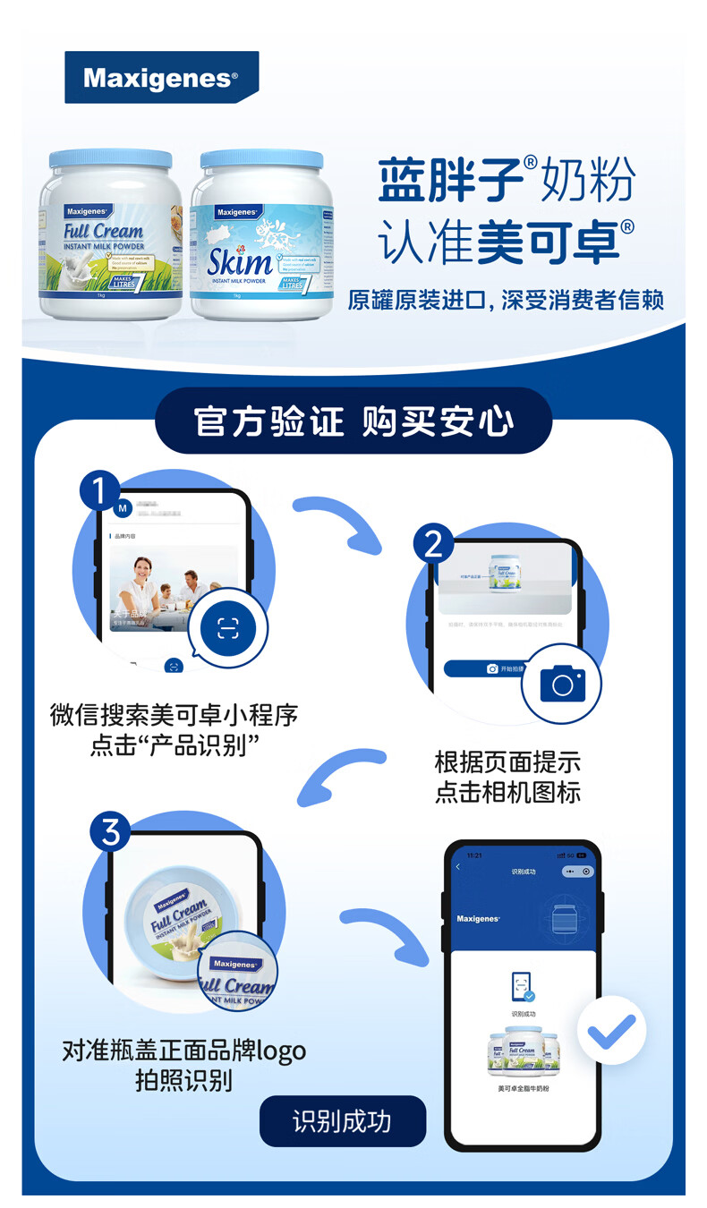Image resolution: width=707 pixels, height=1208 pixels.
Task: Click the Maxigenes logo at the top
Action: (x=161, y=78)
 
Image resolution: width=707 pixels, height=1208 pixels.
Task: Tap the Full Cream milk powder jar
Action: (x=109, y=237)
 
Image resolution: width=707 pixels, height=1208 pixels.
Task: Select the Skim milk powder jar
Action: (x=261, y=237)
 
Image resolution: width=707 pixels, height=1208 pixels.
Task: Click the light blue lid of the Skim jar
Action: (x=261, y=159)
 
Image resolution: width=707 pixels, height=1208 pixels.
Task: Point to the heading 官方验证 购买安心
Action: (x=353, y=421)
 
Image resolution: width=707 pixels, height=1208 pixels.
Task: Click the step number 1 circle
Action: (x=99, y=490)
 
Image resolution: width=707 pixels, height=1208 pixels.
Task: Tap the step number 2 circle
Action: (x=433, y=543)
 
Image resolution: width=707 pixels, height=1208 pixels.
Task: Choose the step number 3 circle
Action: (x=110, y=832)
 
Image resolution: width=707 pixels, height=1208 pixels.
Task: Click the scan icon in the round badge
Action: (x=228, y=628)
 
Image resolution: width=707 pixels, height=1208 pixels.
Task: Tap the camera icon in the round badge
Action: (x=562, y=685)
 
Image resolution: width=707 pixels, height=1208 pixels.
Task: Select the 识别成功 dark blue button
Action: (x=342, y=1121)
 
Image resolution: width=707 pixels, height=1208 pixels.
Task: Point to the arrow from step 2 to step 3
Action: (x=340, y=774)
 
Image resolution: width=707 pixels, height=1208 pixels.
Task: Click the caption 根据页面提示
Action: (x=507, y=762)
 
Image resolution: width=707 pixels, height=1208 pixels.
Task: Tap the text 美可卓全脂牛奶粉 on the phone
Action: (x=523, y=1088)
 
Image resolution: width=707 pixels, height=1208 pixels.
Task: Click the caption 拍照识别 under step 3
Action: (x=183, y=1079)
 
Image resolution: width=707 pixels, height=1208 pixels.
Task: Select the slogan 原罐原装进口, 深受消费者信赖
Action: (x=506, y=300)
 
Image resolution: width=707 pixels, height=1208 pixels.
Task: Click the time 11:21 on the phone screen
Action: (x=474, y=855)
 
